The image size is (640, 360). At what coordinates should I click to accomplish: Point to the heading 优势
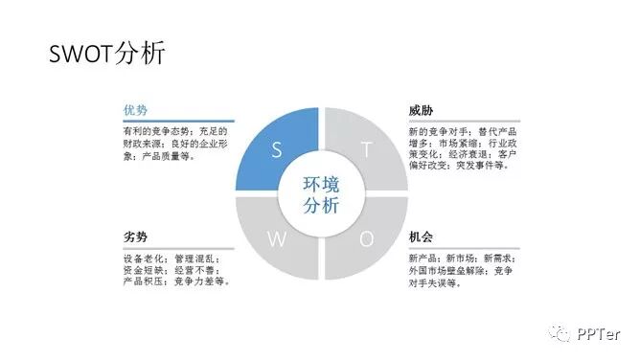[135, 110]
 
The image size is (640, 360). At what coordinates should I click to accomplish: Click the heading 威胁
[422, 110]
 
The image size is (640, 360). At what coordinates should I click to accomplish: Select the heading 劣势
[135, 236]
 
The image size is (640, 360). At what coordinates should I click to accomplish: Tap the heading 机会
[422, 236]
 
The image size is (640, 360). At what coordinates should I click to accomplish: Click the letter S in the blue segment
[277, 149]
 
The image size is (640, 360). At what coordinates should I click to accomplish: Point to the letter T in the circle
[365, 149]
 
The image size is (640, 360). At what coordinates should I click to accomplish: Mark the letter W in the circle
[276, 239]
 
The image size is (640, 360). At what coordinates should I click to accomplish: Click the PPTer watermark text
[600, 334]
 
